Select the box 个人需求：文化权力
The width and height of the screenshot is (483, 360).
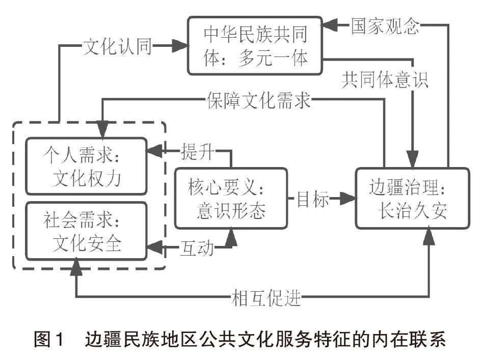tap(87, 166)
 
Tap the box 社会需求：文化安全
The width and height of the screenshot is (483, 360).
tap(87, 231)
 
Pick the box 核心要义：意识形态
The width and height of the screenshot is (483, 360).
tap(230, 199)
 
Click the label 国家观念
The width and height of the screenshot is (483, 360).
tap(385, 24)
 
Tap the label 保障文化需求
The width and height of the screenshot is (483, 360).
tap(259, 100)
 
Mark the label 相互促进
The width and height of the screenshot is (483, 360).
tap(265, 297)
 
